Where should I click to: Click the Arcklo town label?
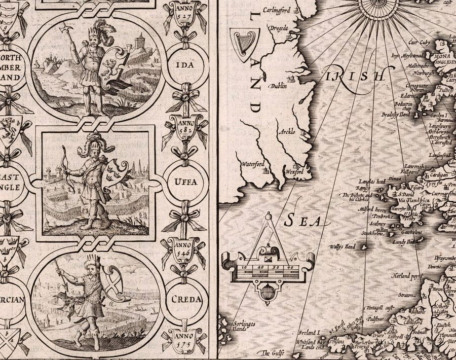coord(287,132)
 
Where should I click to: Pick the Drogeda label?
coord(278,28)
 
